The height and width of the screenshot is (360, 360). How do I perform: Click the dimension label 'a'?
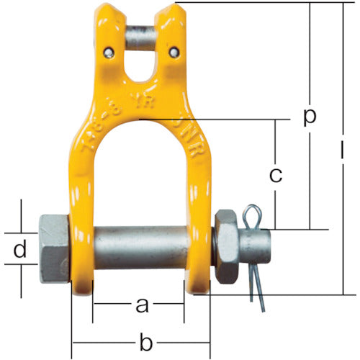click(x=142, y=306)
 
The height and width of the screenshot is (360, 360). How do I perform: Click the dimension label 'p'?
click(x=310, y=117)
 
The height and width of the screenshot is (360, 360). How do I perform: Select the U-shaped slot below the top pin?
click(x=143, y=68)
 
